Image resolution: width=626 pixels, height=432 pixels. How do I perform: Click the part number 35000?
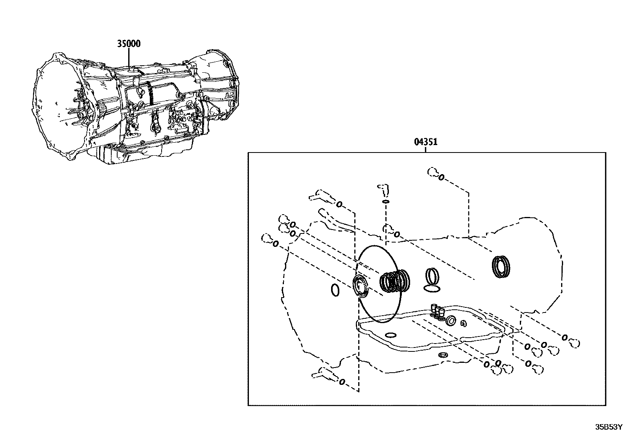129,43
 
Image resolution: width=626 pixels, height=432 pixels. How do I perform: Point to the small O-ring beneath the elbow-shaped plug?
386,202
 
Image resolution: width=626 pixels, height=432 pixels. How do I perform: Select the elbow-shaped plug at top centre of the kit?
383,189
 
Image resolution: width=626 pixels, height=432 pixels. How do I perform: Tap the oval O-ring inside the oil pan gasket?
391,335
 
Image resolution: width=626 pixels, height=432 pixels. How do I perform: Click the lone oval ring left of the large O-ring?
335,290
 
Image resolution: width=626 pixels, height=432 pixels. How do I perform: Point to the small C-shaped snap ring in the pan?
464,324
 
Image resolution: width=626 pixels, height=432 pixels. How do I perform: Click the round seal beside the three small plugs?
451,321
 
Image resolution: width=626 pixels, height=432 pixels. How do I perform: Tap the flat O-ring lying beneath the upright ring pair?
433,289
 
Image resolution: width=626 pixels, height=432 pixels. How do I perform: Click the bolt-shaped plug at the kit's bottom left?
322,372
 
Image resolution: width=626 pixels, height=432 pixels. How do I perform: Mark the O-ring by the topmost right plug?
441,177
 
